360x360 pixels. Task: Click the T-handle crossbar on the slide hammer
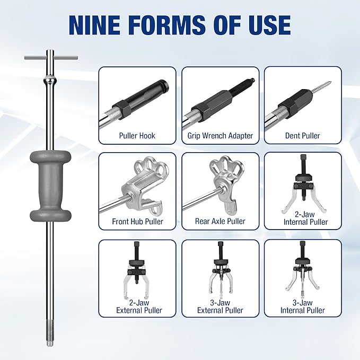tap(51, 58)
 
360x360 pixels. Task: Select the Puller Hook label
tap(137, 136)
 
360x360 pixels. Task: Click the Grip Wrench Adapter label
tap(220, 136)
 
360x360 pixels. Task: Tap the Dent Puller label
tap(302, 136)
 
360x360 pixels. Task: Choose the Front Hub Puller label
tap(137, 222)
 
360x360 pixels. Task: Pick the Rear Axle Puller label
tap(220, 221)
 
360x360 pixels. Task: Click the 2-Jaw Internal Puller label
tap(305, 218)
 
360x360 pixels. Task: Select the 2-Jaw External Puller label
tap(139, 306)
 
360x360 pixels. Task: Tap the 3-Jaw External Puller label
tap(220, 306)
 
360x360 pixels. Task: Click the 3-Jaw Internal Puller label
tap(302, 306)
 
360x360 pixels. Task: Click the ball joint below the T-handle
tap(50, 81)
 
